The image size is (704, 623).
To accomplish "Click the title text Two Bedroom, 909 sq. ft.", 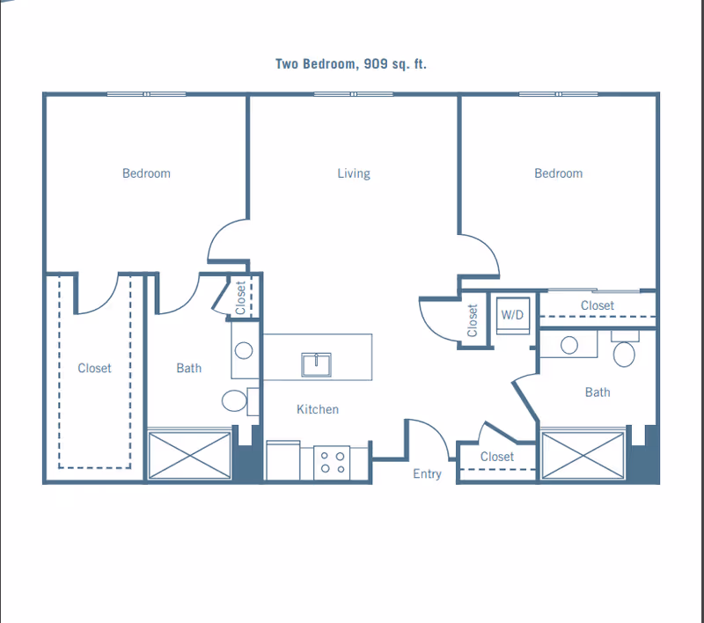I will coord(350,63).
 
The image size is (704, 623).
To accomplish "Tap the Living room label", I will coord(354,173).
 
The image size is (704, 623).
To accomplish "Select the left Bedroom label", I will coord(146,173).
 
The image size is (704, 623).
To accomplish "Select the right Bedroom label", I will coord(558,173).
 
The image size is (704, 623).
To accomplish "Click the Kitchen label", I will coord(317,409).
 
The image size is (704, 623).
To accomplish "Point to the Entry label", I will coord(427,474).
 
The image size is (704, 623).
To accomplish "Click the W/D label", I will coord(512,313).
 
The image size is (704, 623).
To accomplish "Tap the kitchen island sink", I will coord(316,363).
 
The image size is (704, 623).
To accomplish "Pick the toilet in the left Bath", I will coord(234,401).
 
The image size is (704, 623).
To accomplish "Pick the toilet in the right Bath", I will coord(624,354).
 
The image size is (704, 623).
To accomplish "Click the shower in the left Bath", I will coord(189,455).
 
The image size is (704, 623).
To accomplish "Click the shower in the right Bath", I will coord(583,455).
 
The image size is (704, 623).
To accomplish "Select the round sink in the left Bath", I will coord(244,349).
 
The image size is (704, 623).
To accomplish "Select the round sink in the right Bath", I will coord(568,344).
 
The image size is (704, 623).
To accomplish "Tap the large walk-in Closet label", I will coord(94,368).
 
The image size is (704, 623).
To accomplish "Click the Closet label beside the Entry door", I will coord(497,457).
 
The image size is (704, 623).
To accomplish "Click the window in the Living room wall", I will coord(353,94).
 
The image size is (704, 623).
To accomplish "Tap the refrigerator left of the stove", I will coord(283,461).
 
